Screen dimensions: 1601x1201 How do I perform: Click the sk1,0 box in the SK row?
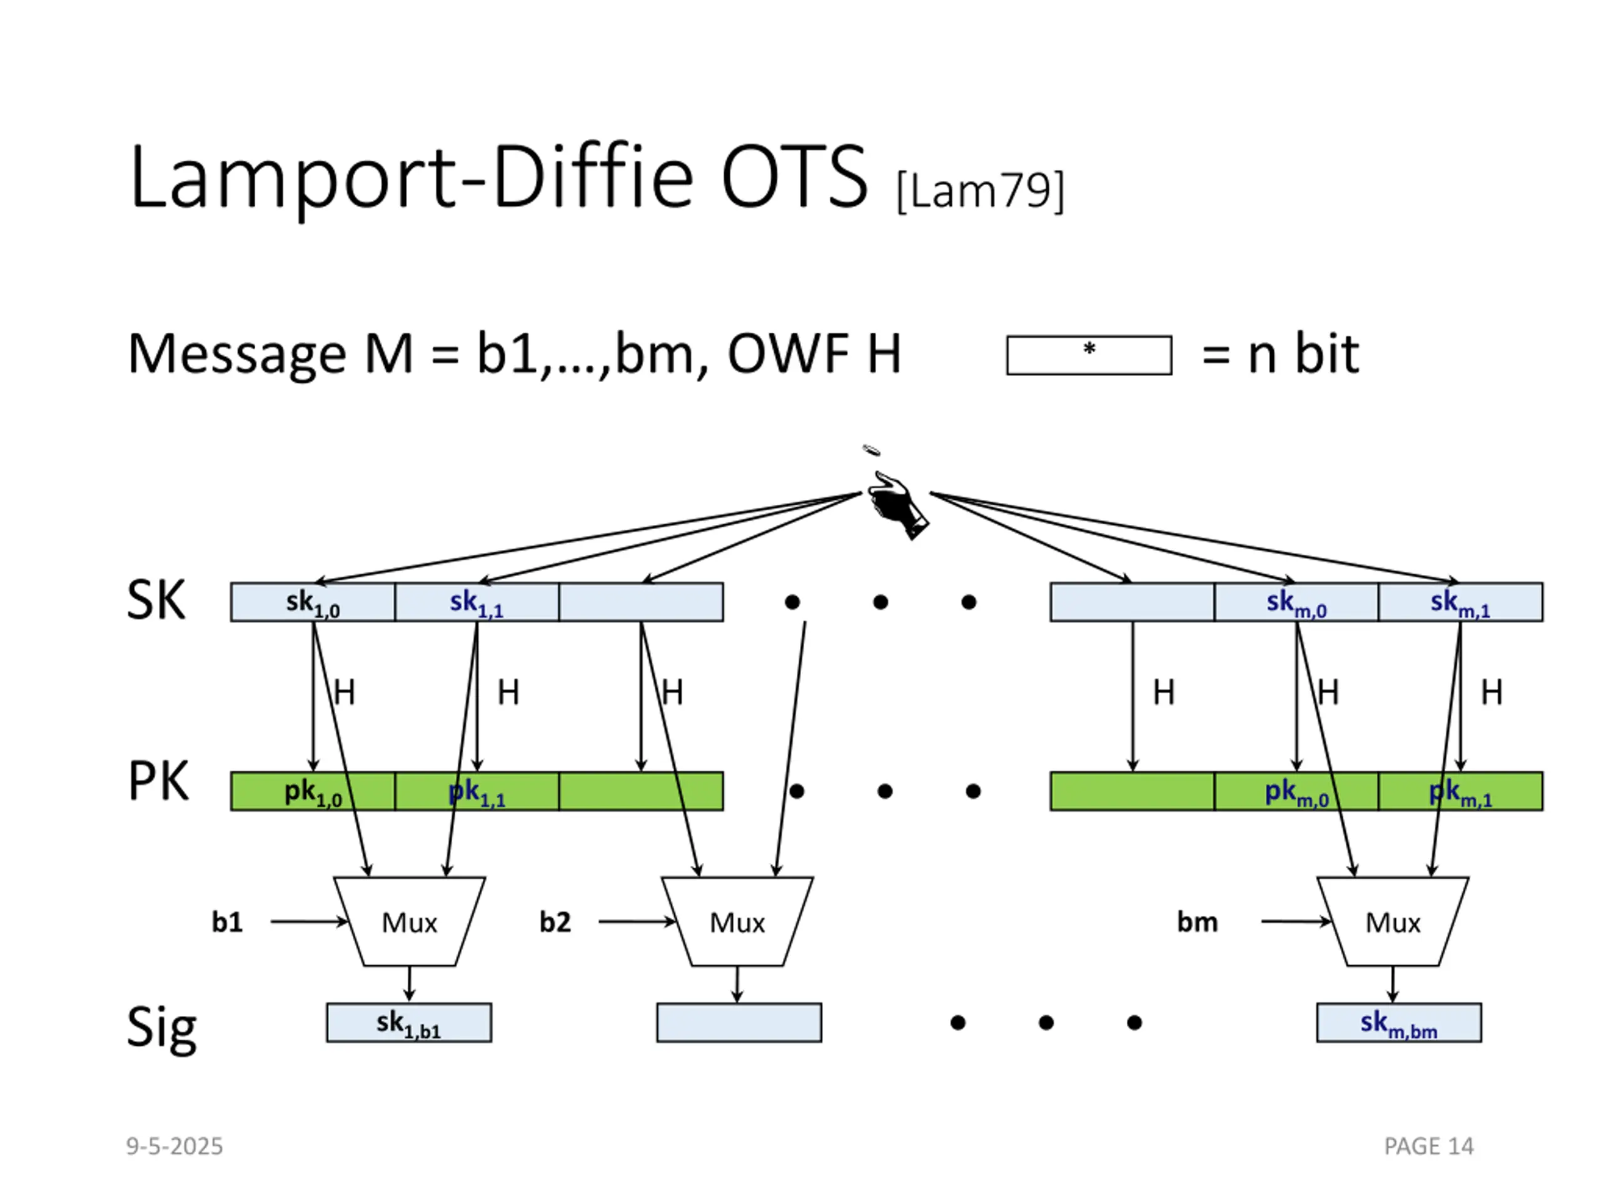pyautogui.click(x=313, y=602)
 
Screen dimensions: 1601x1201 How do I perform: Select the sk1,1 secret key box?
pyautogui.click(x=477, y=602)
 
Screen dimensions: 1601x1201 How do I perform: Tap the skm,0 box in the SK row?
pyautogui.click(x=1296, y=602)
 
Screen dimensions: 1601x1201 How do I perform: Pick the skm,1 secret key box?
pyautogui.click(x=1460, y=602)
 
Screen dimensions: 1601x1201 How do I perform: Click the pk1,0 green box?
pyautogui.click(x=313, y=791)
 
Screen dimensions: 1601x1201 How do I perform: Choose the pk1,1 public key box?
pyautogui.click(x=477, y=791)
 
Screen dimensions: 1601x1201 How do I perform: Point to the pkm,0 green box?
pyautogui.click(x=1296, y=791)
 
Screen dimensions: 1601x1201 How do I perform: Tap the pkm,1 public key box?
pyautogui.click(x=1460, y=791)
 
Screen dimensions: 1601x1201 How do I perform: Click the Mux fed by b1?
pyautogui.click(x=410, y=921)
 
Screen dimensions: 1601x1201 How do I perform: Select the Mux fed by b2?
pyautogui.click(x=737, y=921)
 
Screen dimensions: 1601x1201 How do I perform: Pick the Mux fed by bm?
pyautogui.click(x=1393, y=921)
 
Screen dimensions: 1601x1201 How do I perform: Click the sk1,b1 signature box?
pyautogui.click(x=409, y=1023)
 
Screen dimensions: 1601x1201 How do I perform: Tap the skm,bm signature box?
pyautogui.click(x=1399, y=1023)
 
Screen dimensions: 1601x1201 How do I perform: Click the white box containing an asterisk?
pyautogui.click(x=1089, y=355)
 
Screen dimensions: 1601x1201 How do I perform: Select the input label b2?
pyautogui.click(x=555, y=922)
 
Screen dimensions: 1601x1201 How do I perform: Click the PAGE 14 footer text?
pyautogui.click(x=1429, y=1146)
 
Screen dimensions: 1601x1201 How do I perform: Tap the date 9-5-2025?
pyautogui.click(x=174, y=1146)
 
